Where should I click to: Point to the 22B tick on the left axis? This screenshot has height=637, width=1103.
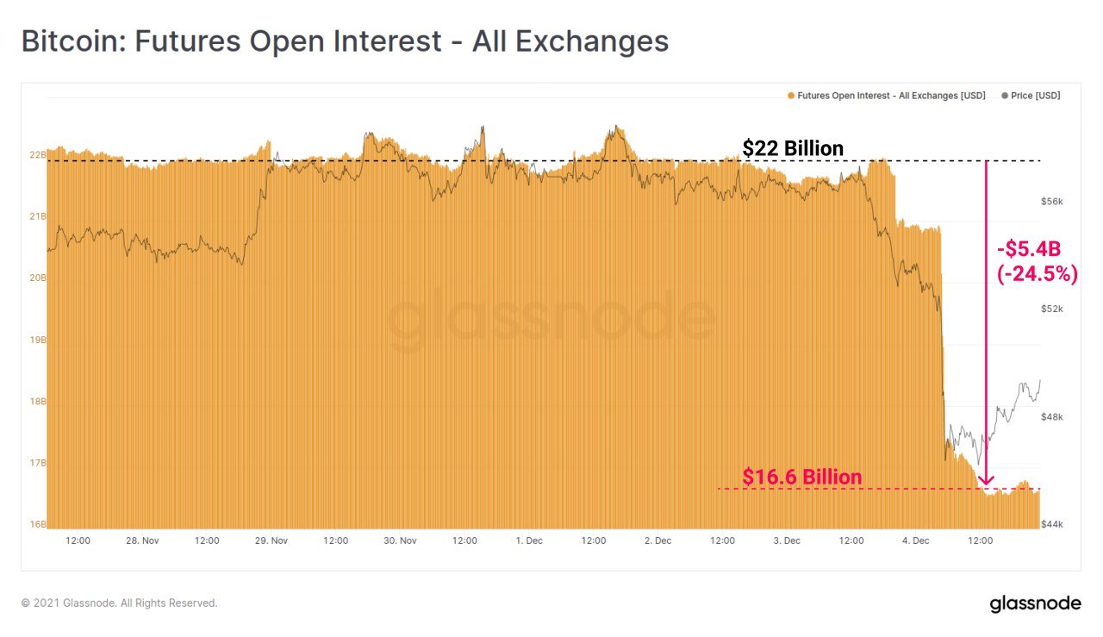37,155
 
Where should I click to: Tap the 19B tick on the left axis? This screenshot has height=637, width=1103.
37,340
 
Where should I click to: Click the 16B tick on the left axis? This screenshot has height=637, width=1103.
37,524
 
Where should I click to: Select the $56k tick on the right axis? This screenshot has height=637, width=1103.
1052,202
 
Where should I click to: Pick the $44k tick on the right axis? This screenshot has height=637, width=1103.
1052,524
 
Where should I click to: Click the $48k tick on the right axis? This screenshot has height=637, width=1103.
1052,417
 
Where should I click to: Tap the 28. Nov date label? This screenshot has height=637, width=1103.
142,541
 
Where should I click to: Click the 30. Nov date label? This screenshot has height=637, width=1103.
400,541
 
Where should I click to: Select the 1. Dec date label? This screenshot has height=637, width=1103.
528,541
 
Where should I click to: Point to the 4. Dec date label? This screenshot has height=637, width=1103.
915,541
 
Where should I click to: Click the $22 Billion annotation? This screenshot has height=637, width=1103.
793,149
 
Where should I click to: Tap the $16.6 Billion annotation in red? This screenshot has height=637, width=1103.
801,478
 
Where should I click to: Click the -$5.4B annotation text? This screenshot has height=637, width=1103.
1028,250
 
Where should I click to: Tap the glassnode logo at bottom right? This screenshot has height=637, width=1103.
1035,603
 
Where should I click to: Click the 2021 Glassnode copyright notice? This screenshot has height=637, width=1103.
120,603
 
